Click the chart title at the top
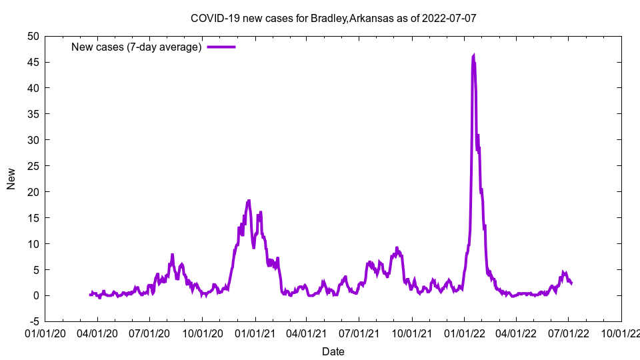pyautogui.click(x=333, y=18)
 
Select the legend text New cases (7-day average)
pyautogui.click(x=137, y=47)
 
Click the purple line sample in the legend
pyautogui.click(x=221, y=47)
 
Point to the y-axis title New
pyautogui.click(x=11, y=179)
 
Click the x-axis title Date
pyautogui.click(x=333, y=351)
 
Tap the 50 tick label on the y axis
pyautogui.click(x=33, y=36)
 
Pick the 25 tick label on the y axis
pyautogui.click(x=33, y=166)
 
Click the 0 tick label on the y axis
pyautogui.click(x=35, y=295)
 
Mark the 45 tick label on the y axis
pyautogui.click(x=33, y=62)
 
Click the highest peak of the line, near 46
pyautogui.click(x=473, y=56)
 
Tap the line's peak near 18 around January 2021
pyautogui.click(x=249, y=201)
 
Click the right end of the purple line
pyautogui.click(x=571, y=283)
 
